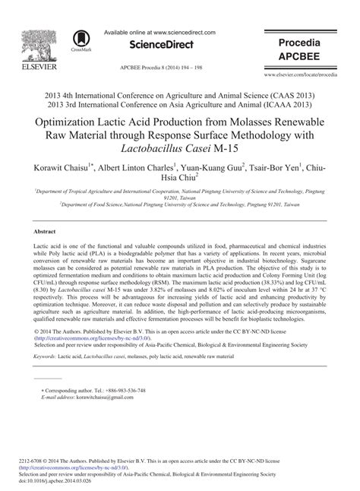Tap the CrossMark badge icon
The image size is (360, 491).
coord(80,40)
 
